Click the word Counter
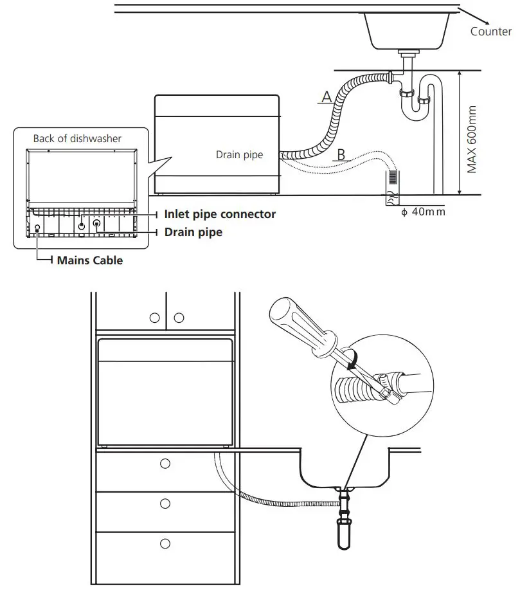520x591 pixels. [490, 32]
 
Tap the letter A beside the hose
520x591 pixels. [326, 97]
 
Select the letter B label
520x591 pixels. [341, 154]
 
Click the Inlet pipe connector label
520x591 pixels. [220, 214]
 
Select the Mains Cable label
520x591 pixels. [89, 260]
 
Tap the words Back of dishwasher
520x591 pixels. [77, 138]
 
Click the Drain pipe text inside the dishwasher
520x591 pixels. [239, 155]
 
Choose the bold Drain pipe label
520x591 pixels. [193, 232]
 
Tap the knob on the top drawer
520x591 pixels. [165, 464]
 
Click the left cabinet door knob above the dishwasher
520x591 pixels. [154, 318]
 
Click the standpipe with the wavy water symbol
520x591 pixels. [391, 186]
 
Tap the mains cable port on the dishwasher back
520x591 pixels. [37, 228]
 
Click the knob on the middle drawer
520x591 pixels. [165, 502]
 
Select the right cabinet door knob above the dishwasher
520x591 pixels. [179, 318]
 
